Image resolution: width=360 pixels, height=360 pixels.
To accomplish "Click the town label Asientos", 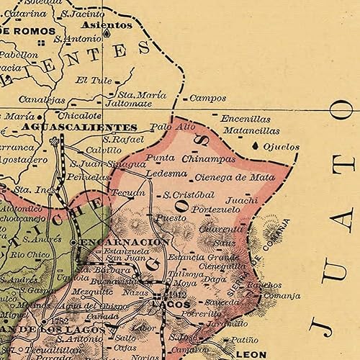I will [109, 24].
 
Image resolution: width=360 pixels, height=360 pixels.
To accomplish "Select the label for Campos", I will [207, 98].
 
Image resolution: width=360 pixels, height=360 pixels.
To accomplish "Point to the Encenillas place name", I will [246, 119].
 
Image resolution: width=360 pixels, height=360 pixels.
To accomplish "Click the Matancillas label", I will [251, 131].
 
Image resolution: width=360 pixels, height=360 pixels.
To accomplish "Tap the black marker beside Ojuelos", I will [257, 146].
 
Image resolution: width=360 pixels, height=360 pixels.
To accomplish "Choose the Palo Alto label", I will [173, 127].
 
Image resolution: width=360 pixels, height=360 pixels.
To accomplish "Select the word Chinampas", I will [209, 158].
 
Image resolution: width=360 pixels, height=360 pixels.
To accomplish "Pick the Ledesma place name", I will [166, 174].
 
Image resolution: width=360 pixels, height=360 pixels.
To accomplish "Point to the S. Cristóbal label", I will [189, 194].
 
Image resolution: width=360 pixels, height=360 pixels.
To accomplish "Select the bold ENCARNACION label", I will [125, 242].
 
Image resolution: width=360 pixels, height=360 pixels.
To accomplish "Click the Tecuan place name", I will [122, 193].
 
